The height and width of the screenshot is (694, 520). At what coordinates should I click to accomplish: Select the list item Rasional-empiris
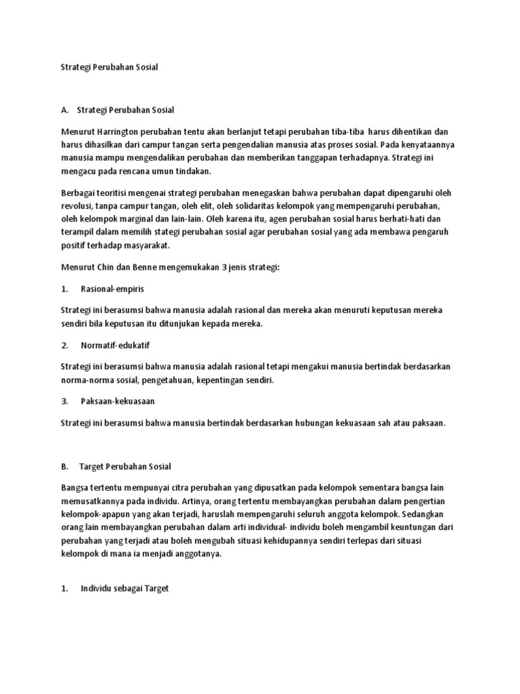point(111,289)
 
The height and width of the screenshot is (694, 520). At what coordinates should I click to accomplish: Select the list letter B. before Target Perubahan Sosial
point(65,466)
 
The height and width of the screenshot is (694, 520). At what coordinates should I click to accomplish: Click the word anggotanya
point(200,553)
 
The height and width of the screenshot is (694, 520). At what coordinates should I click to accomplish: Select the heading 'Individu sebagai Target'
point(123,589)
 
